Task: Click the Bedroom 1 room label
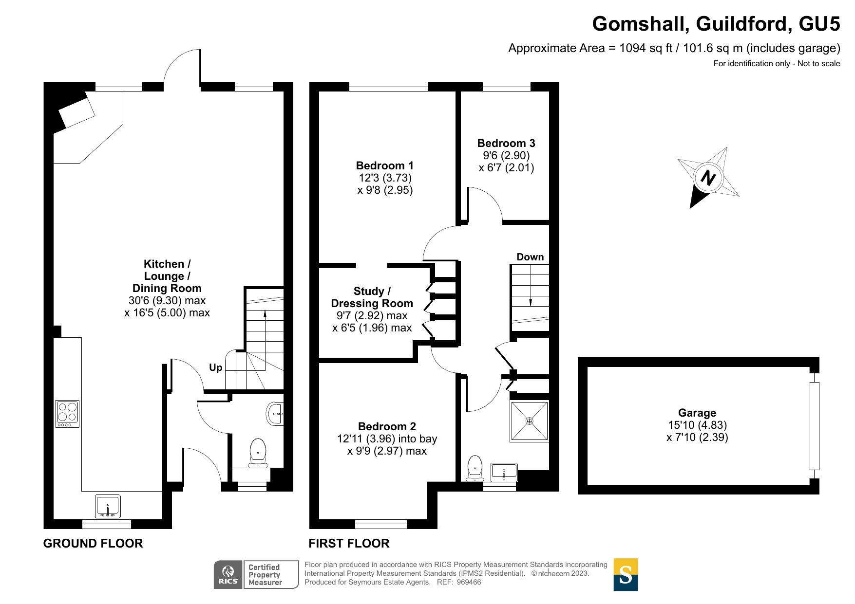(x=384, y=165)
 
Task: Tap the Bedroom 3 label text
(x=506, y=143)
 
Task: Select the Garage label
(x=697, y=413)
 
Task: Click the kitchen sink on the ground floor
(x=107, y=506)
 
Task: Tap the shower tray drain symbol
(x=530, y=421)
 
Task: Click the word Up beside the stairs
(x=215, y=367)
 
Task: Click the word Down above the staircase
(x=530, y=257)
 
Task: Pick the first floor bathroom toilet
(x=475, y=468)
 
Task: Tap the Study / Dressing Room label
(x=372, y=297)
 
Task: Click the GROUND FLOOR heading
(x=93, y=543)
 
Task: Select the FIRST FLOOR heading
(x=349, y=543)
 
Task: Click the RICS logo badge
(x=228, y=574)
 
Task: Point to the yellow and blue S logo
(x=626, y=574)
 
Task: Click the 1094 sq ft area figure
(x=646, y=48)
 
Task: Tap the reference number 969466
(x=469, y=582)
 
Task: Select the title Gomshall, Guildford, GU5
(x=716, y=23)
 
